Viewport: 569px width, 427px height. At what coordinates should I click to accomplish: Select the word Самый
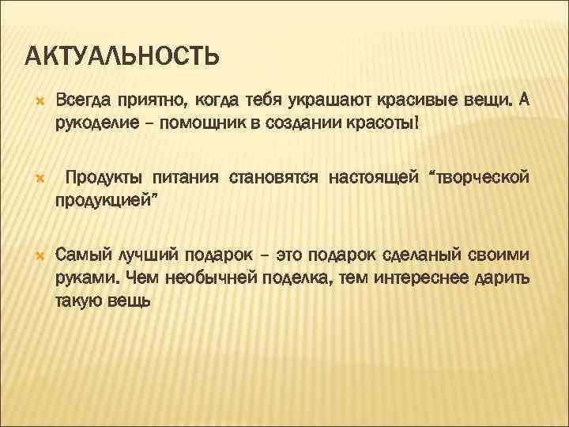(x=84, y=256)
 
